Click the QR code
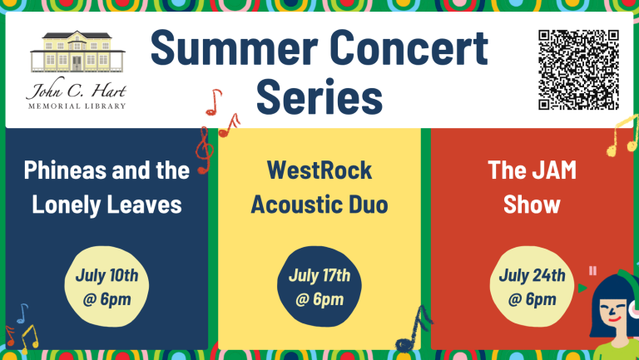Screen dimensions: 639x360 [x=578, y=70]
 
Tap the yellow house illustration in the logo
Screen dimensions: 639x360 [x=77, y=52]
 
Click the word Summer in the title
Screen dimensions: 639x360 [x=235, y=48]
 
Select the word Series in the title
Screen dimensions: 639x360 [x=319, y=97]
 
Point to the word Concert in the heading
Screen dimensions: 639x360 [x=409, y=48]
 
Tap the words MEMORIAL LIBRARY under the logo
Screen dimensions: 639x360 [x=77, y=106]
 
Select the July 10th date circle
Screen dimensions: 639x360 [x=106, y=286]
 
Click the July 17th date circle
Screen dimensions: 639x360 [x=319, y=286]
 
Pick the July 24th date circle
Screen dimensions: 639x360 [x=532, y=286]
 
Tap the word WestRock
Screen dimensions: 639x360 [x=319, y=170]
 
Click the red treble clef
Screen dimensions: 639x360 [x=204, y=150]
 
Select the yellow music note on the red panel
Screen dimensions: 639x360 [x=622, y=136]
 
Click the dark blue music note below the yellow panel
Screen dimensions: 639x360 [x=414, y=329]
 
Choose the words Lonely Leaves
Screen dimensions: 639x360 [x=106, y=205]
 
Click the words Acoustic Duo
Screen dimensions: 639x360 [x=319, y=205]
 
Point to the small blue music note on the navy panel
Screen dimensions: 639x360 [x=22, y=313]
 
